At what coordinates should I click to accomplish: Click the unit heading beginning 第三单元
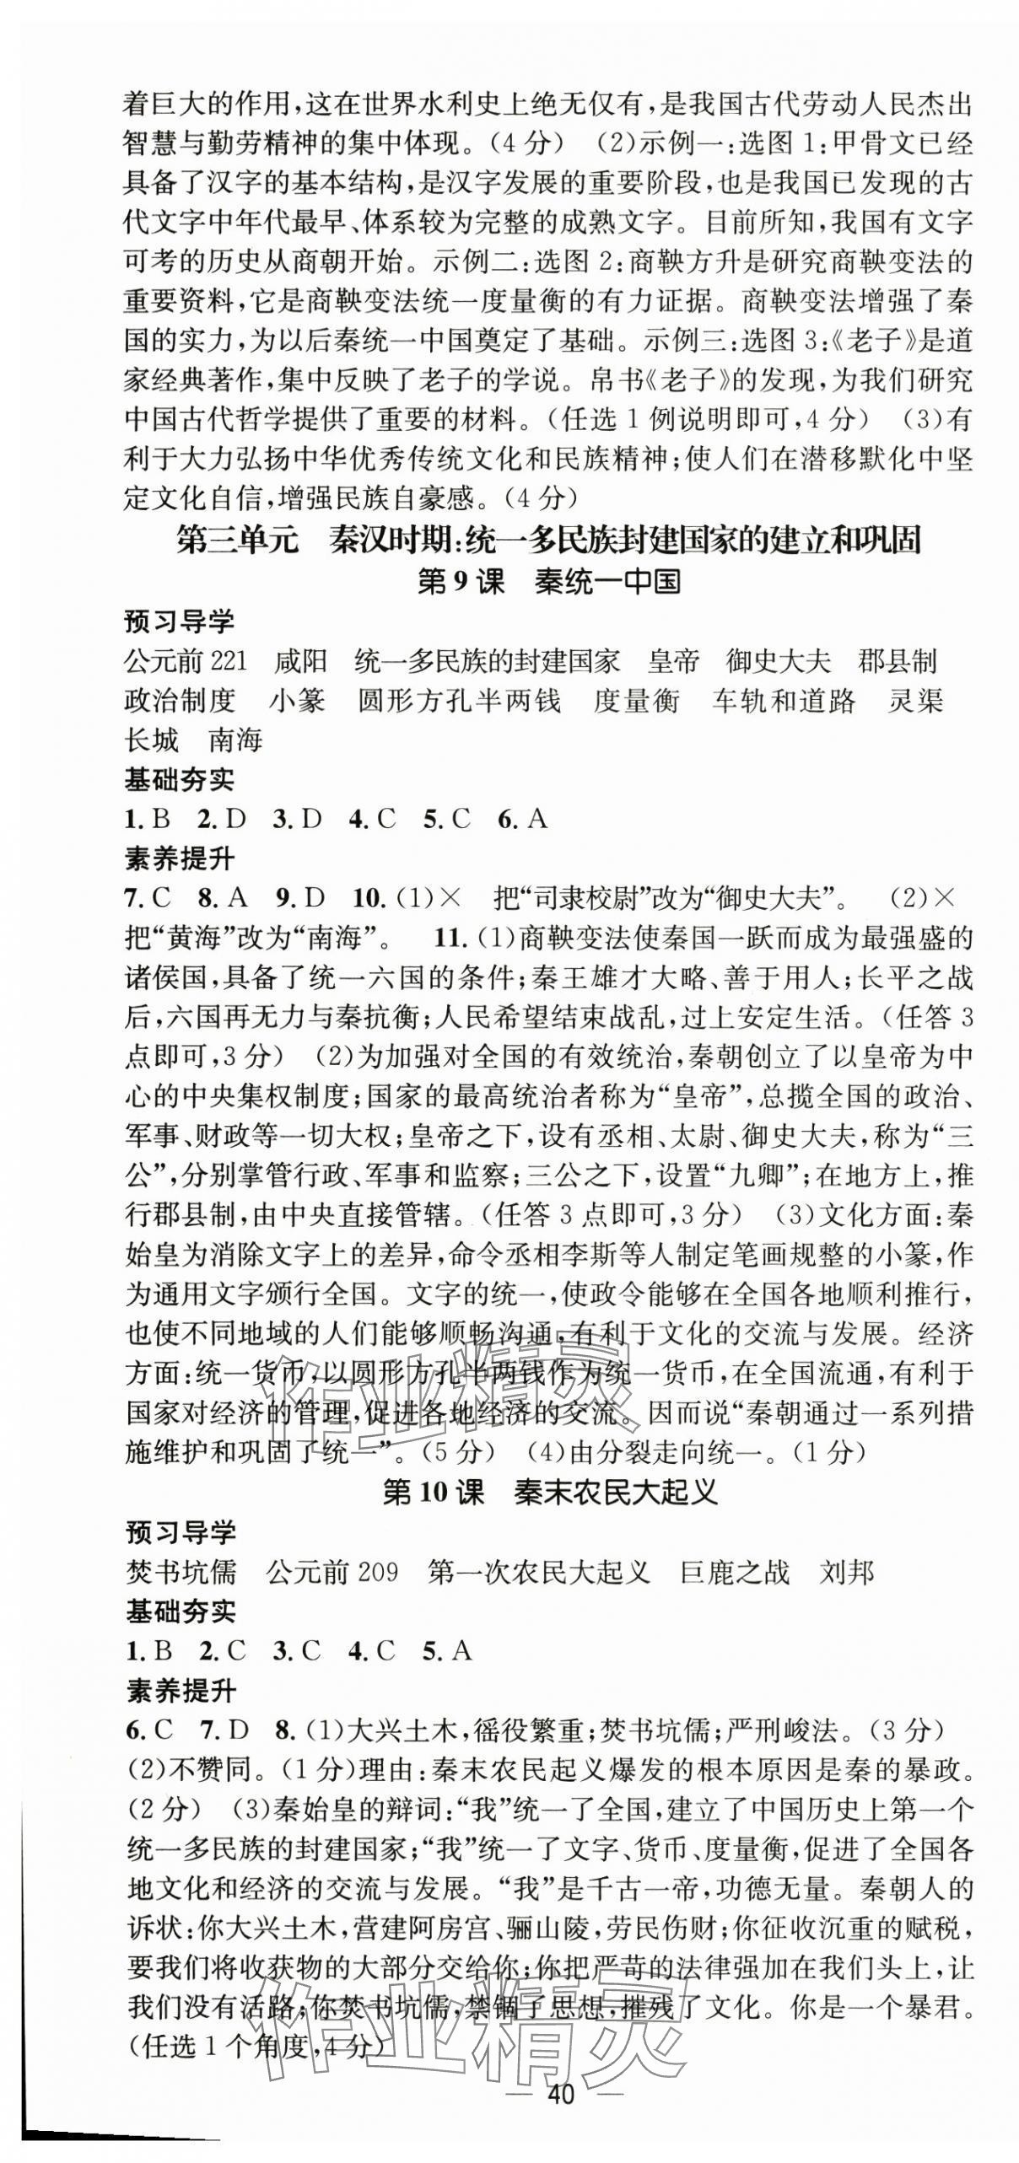point(548,540)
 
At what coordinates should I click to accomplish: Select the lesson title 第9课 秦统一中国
point(548,582)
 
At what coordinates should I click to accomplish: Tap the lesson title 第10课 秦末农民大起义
point(549,1492)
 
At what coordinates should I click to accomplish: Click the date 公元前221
point(185,660)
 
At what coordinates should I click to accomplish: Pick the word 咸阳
point(300,660)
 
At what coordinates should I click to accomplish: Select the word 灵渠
point(914,700)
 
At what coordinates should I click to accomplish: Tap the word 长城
point(152,740)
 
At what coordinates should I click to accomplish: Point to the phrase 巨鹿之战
point(735,1572)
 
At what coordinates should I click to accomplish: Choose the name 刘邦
point(846,1572)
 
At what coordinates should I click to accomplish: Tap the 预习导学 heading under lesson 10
point(181,1532)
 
